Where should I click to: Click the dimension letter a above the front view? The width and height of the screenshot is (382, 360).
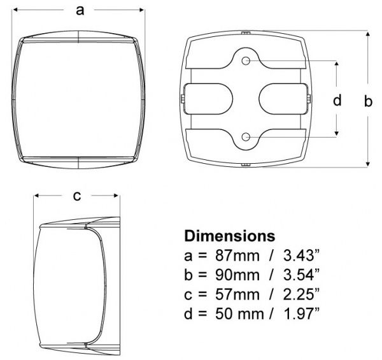80,11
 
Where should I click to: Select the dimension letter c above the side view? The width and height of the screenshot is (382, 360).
77,196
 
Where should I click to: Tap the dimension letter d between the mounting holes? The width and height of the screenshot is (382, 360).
337,100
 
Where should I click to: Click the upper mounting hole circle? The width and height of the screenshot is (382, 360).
246,61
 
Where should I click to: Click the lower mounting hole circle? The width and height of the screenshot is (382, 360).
246,137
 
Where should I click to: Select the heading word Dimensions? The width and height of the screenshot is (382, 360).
230,236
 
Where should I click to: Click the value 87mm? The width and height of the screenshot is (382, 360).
237,256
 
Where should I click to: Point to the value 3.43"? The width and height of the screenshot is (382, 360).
301,256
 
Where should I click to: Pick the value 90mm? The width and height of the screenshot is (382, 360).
237,275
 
